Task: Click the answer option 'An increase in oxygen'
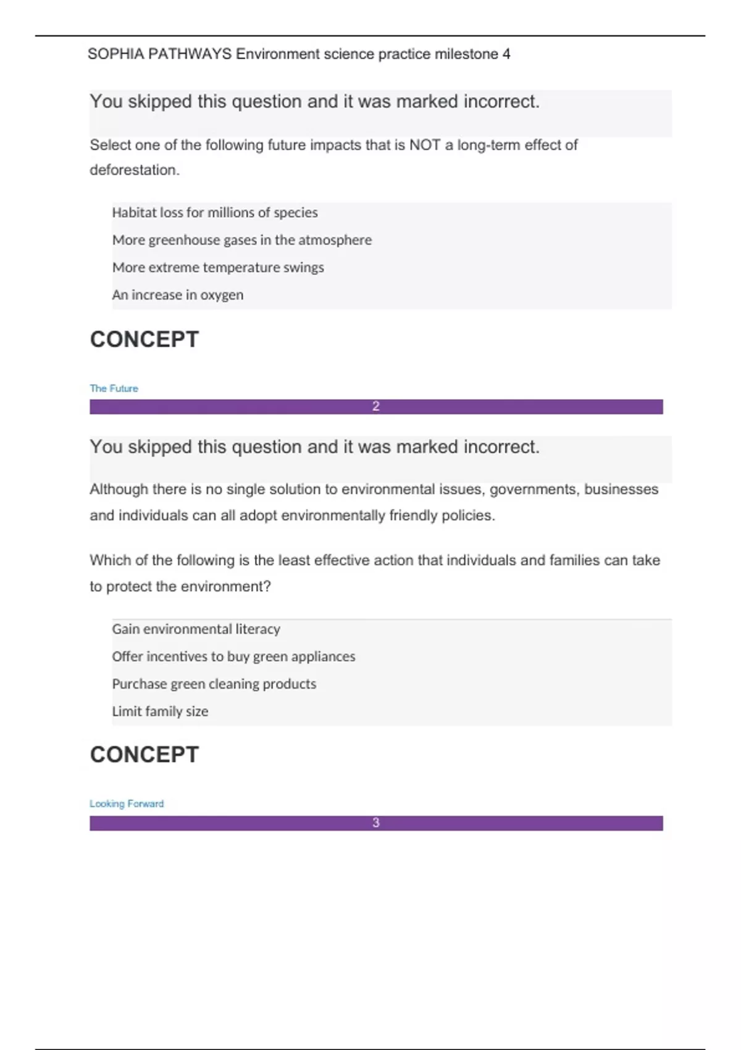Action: tap(178, 295)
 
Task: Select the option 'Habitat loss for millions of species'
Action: tap(215, 212)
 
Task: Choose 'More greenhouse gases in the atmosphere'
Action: tap(242, 240)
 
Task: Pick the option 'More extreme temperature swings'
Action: tap(218, 267)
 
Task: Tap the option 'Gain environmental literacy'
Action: tap(196, 629)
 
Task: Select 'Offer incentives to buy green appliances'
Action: tap(233, 657)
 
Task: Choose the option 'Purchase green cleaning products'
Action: tap(214, 684)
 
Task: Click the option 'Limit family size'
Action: tap(160, 712)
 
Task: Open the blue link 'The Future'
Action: tap(114, 388)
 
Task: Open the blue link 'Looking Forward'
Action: tap(127, 804)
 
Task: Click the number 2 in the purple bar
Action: tap(376, 406)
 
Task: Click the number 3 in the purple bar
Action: tap(376, 823)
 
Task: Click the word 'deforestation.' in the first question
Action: tap(135, 170)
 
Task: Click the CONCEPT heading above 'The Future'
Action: tap(144, 339)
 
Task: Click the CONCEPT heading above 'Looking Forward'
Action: tap(144, 754)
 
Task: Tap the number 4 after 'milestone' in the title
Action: tap(506, 54)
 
